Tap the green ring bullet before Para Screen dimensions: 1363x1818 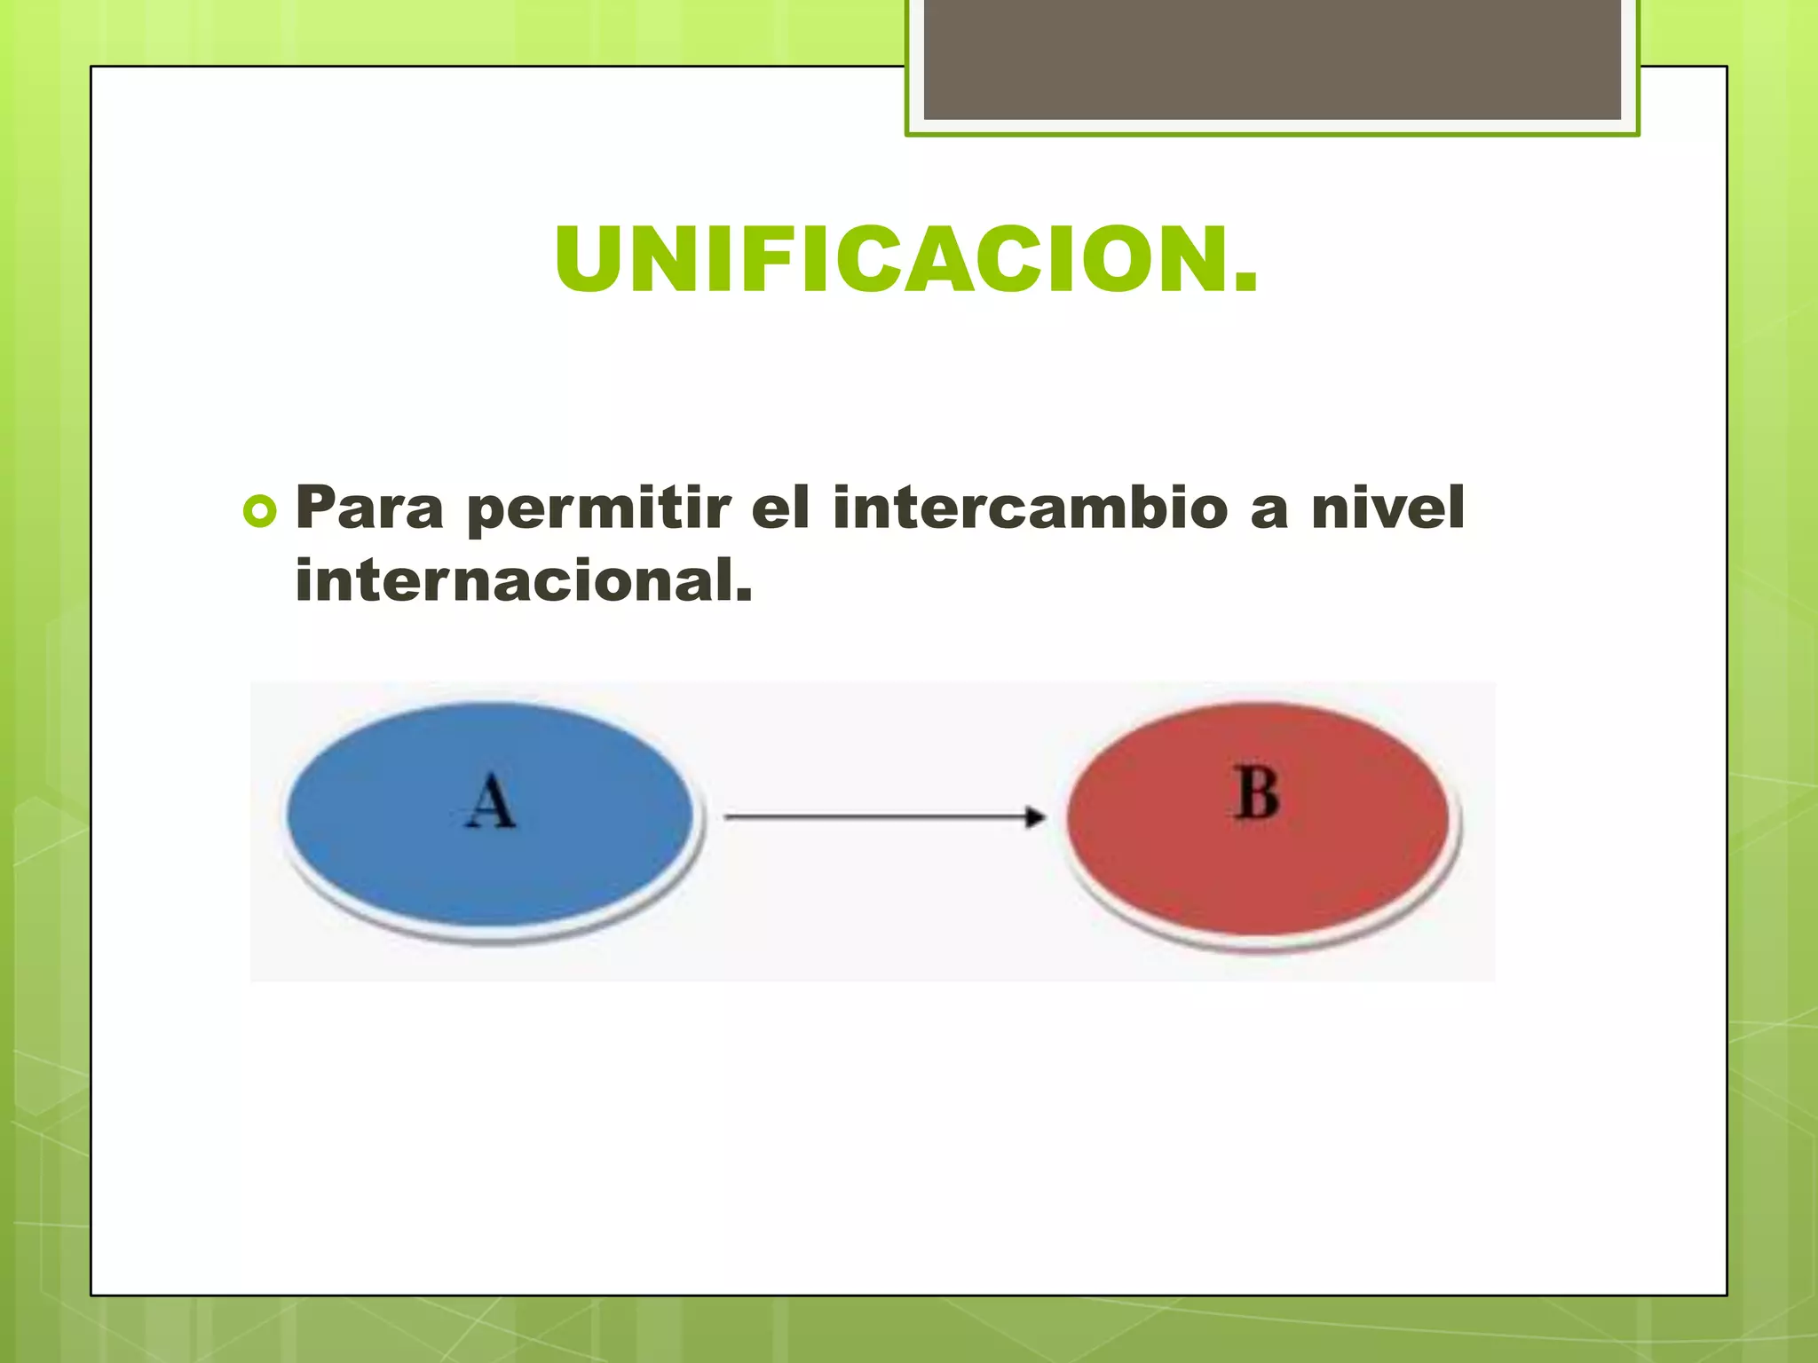tap(259, 512)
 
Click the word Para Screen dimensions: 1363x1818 tap(369, 508)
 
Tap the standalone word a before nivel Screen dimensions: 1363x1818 tap(1269, 509)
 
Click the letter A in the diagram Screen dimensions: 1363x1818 tap(490, 801)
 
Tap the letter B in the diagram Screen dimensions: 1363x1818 tap(1257, 793)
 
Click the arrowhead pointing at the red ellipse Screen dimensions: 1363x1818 tap(1035, 816)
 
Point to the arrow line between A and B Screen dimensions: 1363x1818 tap(870, 816)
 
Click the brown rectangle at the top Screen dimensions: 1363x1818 tap(1272, 60)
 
